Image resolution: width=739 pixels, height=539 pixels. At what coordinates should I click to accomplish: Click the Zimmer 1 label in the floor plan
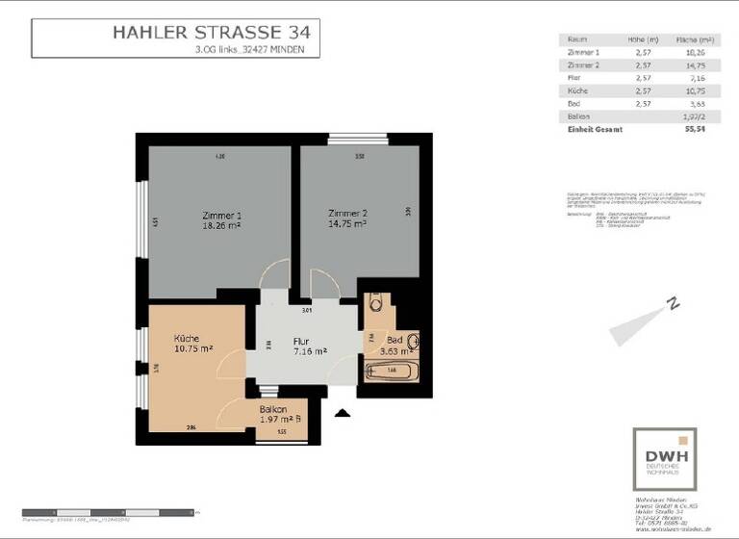[221, 215]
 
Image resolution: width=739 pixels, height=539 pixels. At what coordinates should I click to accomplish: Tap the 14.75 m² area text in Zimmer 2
[347, 223]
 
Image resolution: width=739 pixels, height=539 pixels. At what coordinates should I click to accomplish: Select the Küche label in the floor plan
[186, 339]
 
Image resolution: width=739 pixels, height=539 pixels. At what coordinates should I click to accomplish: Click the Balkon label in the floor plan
[273, 409]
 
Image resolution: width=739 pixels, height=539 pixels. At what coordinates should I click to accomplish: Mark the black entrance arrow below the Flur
[341, 414]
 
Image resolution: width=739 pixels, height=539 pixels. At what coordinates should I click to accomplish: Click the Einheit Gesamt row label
[596, 129]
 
